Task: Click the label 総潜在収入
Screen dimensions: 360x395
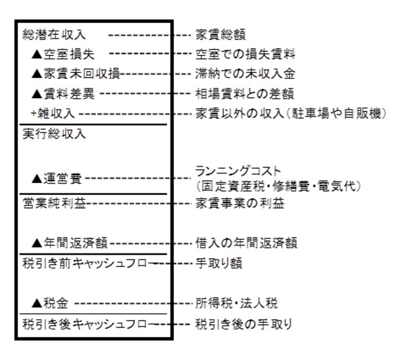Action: pyautogui.click(x=54, y=33)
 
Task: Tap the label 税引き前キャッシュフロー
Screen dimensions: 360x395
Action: pyautogui.click(x=90, y=263)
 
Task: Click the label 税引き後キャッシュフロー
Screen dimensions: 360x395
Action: pyautogui.click(x=90, y=324)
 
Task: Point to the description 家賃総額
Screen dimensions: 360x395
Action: pyautogui.click(x=221, y=33)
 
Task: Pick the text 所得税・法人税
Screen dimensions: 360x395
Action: pyautogui.click(x=236, y=303)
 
